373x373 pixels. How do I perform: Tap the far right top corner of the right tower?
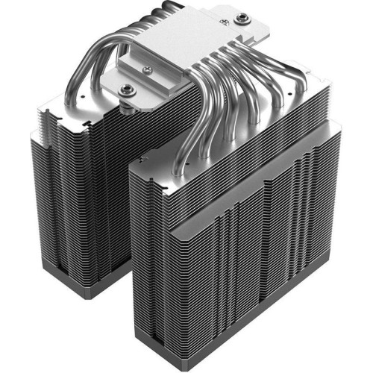340,123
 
